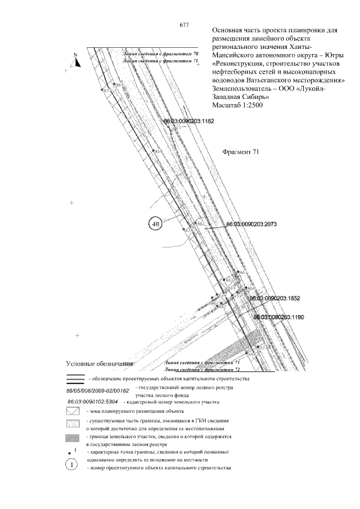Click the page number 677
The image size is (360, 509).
(183, 24)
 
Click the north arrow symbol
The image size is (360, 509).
(76, 60)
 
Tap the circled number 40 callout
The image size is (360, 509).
(156, 223)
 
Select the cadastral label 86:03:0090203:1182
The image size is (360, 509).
(189, 121)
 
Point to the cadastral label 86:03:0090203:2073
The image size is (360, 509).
(251, 224)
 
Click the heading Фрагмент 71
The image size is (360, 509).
(241, 152)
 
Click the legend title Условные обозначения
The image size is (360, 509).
(101, 363)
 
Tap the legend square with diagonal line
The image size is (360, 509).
(73, 412)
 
